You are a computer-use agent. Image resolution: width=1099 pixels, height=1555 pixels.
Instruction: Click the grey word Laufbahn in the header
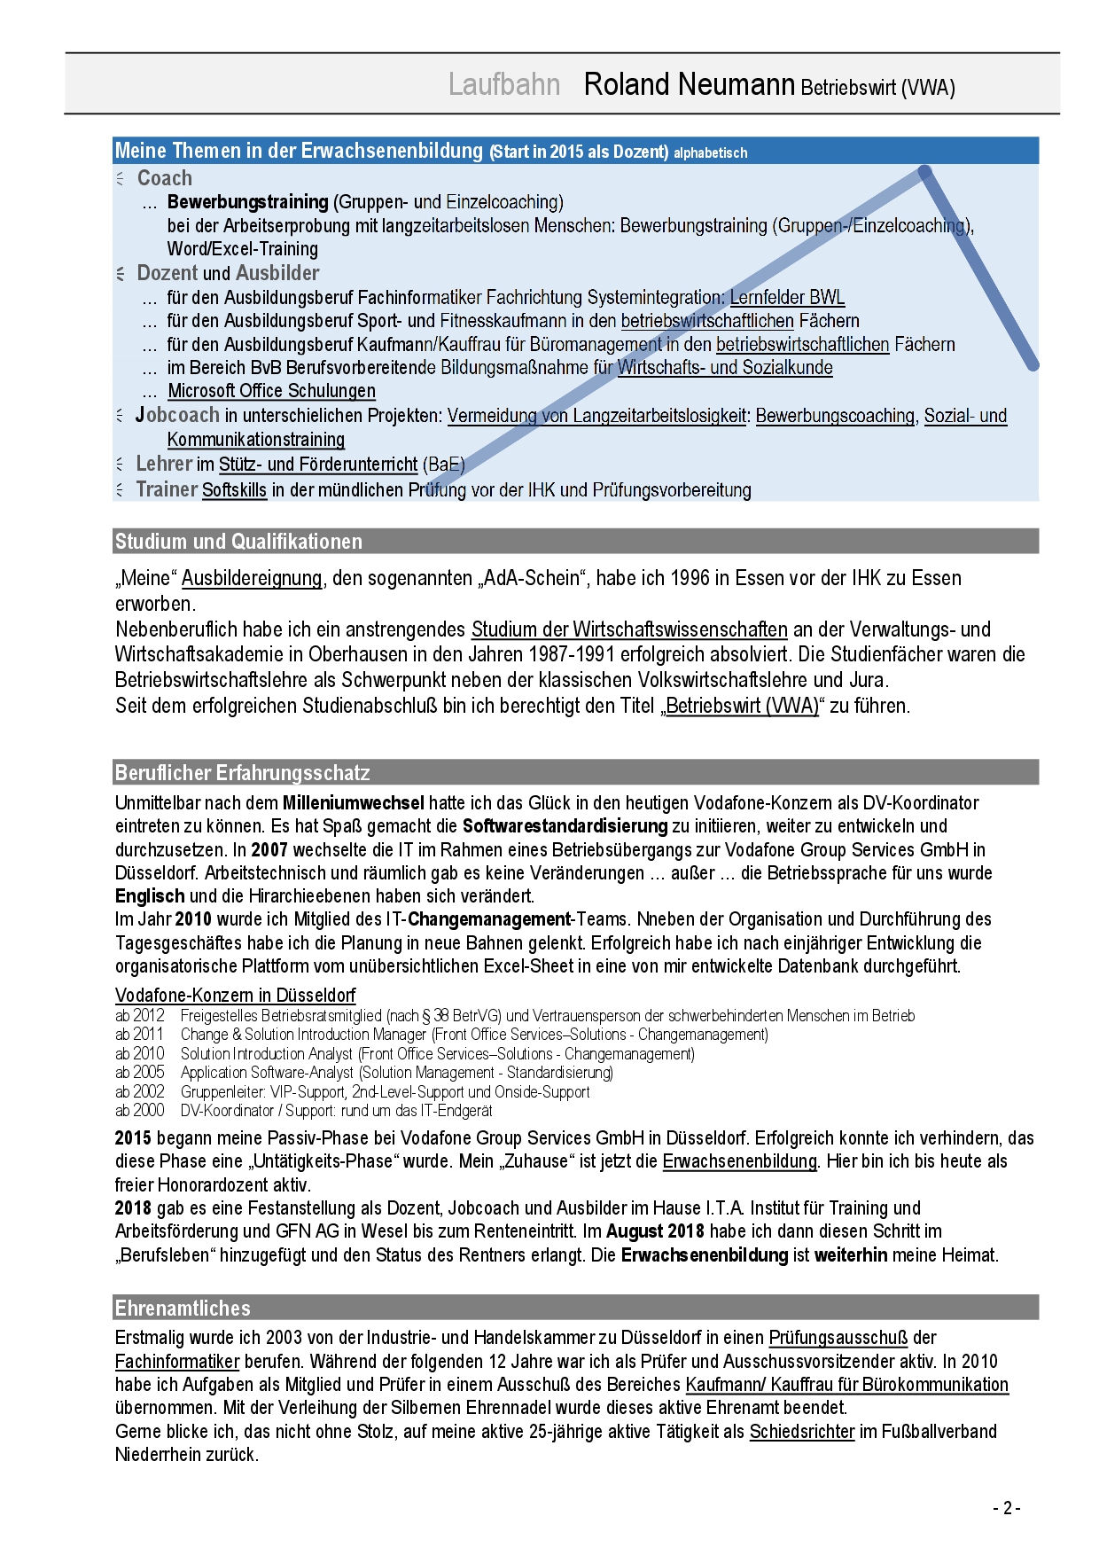click(x=503, y=84)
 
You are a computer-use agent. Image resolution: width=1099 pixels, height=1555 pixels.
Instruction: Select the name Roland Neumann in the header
click(x=689, y=84)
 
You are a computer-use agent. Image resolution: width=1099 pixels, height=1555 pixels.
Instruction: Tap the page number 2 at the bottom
click(x=1006, y=1508)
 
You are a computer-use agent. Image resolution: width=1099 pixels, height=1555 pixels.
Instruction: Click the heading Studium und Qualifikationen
click(x=238, y=542)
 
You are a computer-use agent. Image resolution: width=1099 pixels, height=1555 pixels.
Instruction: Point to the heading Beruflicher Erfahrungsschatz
click(x=242, y=773)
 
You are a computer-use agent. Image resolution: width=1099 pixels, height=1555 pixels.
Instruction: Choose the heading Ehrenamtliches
click(x=183, y=1309)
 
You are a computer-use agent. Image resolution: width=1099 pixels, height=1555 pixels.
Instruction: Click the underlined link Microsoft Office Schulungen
click(x=271, y=391)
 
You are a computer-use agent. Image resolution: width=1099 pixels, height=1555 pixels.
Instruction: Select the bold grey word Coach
click(x=165, y=178)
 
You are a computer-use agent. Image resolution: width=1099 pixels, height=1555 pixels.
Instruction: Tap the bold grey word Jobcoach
click(x=177, y=415)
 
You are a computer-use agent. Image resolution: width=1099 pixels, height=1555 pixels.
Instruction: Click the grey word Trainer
click(x=167, y=489)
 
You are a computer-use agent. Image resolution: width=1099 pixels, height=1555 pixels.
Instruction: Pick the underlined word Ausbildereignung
click(x=252, y=579)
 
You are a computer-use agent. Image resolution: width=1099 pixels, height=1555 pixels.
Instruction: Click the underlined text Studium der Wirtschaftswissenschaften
click(x=629, y=630)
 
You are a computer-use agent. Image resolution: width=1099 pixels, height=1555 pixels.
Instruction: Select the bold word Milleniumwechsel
click(x=353, y=803)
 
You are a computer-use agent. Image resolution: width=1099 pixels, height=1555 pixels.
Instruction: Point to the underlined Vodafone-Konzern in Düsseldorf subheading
click(x=235, y=995)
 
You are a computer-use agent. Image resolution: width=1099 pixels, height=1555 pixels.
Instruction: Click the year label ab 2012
click(x=140, y=1016)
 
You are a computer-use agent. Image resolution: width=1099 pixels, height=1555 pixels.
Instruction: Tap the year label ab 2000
click(x=140, y=1111)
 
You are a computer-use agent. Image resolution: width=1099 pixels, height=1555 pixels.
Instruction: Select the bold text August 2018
click(x=655, y=1231)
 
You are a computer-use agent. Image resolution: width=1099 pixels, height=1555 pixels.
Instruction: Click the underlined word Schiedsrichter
click(x=802, y=1432)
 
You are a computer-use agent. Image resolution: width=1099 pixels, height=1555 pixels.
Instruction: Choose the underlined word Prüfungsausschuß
click(x=838, y=1338)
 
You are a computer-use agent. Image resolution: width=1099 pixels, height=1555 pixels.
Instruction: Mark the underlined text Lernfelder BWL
click(x=787, y=297)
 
